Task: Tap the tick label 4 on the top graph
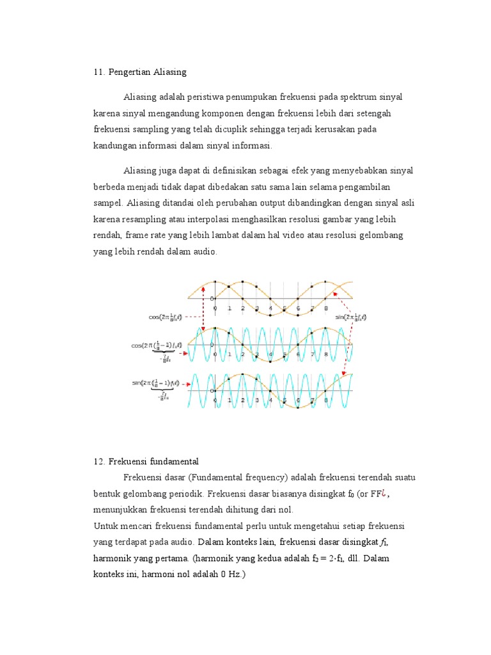click(270, 308)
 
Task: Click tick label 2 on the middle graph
click(243, 354)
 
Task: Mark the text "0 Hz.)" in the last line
click(233, 574)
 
